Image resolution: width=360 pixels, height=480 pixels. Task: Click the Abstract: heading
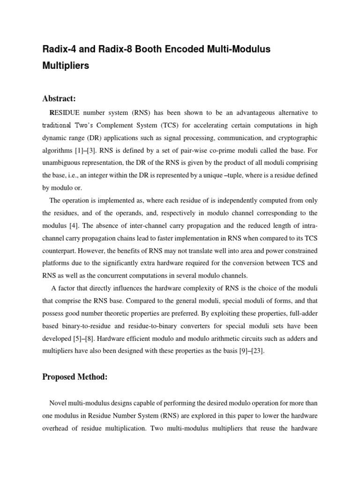tap(59, 98)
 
